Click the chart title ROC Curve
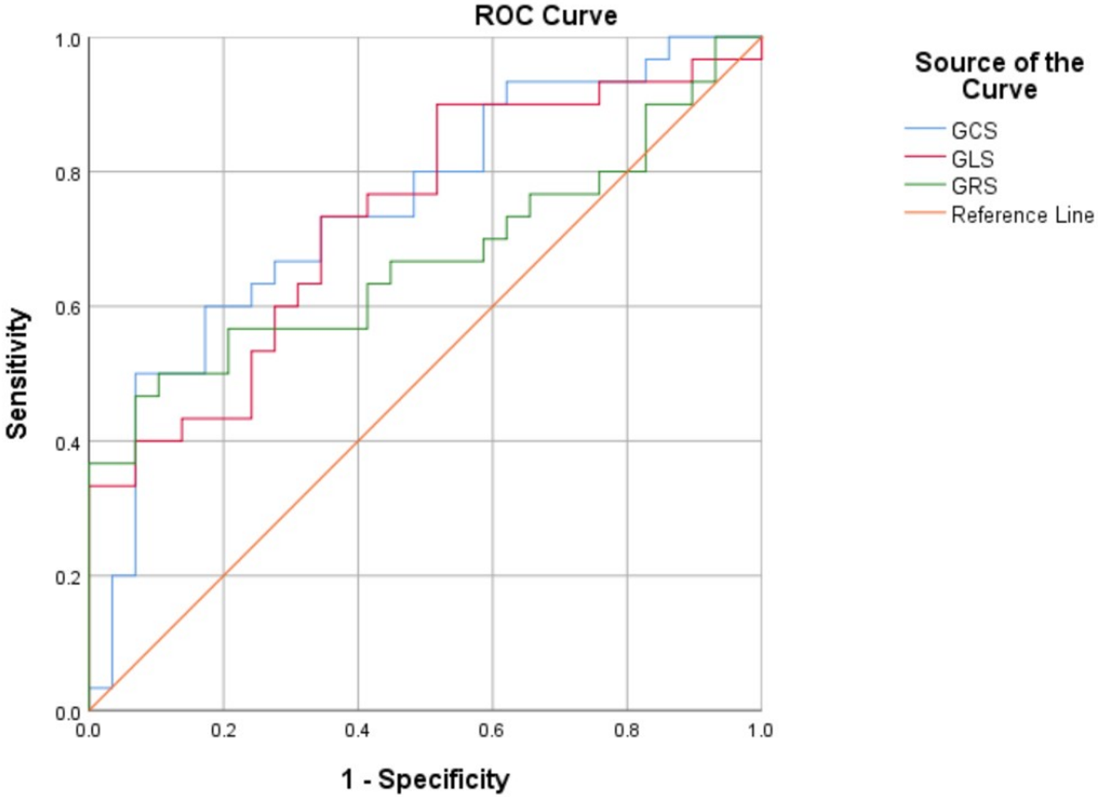(545, 15)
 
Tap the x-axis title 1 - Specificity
(425, 778)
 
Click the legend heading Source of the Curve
(998, 75)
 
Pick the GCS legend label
(974, 130)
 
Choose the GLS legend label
(972, 158)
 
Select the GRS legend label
(974, 186)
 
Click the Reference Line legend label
(1022, 215)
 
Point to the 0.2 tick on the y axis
(67, 577)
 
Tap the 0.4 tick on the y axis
(67, 442)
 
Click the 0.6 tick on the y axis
(67, 308)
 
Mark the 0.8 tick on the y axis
(67, 174)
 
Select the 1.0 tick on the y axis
(67, 40)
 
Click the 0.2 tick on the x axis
(223, 730)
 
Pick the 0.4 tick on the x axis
(358, 730)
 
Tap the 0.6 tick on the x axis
(492, 730)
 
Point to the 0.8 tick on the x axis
(627, 730)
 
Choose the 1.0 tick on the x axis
(761, 730)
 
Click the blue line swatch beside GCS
(925, 129)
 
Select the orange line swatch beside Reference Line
(925, 213)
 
